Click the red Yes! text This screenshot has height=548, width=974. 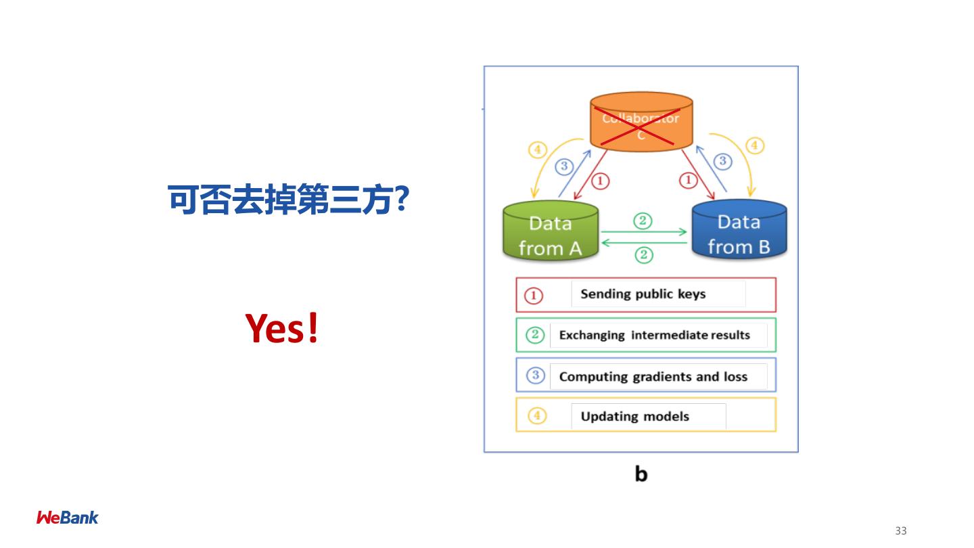tap(281, 328)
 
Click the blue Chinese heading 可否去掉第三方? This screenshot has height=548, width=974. tap(287, 201)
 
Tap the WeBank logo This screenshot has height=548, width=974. tap(67, 518)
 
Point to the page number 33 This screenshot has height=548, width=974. tap(900, 531)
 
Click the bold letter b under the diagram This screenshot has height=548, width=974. tap(641, 474)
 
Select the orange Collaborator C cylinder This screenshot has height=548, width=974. tap(641, 122)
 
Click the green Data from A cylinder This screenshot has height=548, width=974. tap(551, 233)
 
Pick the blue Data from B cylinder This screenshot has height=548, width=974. tap(739, 232)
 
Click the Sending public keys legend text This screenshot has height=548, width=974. tap(643, 294)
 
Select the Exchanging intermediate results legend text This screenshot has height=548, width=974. tap(654, 335)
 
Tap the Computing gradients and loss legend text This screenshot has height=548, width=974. tap(653, 376)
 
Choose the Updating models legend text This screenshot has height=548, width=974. tap(634, 416)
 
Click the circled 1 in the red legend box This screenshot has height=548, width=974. tap(534, 295)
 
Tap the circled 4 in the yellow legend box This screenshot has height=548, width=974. tap(536, 415)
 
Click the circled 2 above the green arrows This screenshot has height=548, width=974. tap(643, 220)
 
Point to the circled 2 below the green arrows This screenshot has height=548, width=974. tap(643, 255)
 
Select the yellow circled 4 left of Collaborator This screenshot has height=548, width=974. tap(537, 150)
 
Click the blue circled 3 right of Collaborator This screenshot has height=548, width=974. tap(723, 161)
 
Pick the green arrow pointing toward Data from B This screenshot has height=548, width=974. tap(644, 232)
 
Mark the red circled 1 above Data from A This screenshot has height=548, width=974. tap(601, 181)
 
